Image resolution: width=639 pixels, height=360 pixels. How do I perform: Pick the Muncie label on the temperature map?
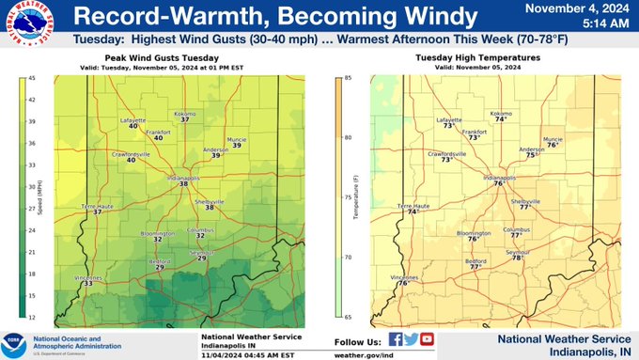553,138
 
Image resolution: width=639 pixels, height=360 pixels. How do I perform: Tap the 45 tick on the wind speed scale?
31,78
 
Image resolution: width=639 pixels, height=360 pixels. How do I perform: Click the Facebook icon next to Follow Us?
396,339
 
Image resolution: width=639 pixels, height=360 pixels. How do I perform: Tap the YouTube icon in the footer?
427,339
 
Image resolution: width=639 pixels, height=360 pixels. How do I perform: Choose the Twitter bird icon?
411,339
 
